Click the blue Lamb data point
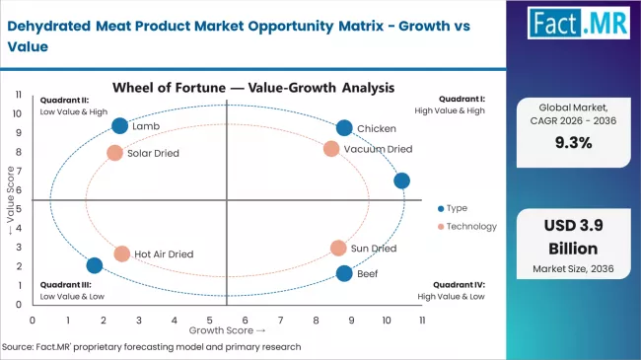coord(120,125)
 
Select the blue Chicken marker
coord(343,128)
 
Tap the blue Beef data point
coord(343,273)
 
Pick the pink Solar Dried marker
coord(114,153)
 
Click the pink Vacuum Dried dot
coord(331,149)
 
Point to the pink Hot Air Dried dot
coord(122,253)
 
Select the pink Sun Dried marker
coord(338,249)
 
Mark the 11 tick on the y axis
coord(19,95)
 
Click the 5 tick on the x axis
coord(209,321)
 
